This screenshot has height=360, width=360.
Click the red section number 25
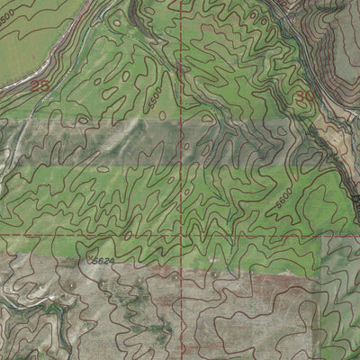39,86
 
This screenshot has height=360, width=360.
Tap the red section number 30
306,94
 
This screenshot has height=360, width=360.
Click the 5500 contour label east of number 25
156,103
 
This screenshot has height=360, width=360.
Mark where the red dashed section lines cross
181,237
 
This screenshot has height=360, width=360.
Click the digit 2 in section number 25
34,86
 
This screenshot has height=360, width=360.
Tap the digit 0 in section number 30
310,94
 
